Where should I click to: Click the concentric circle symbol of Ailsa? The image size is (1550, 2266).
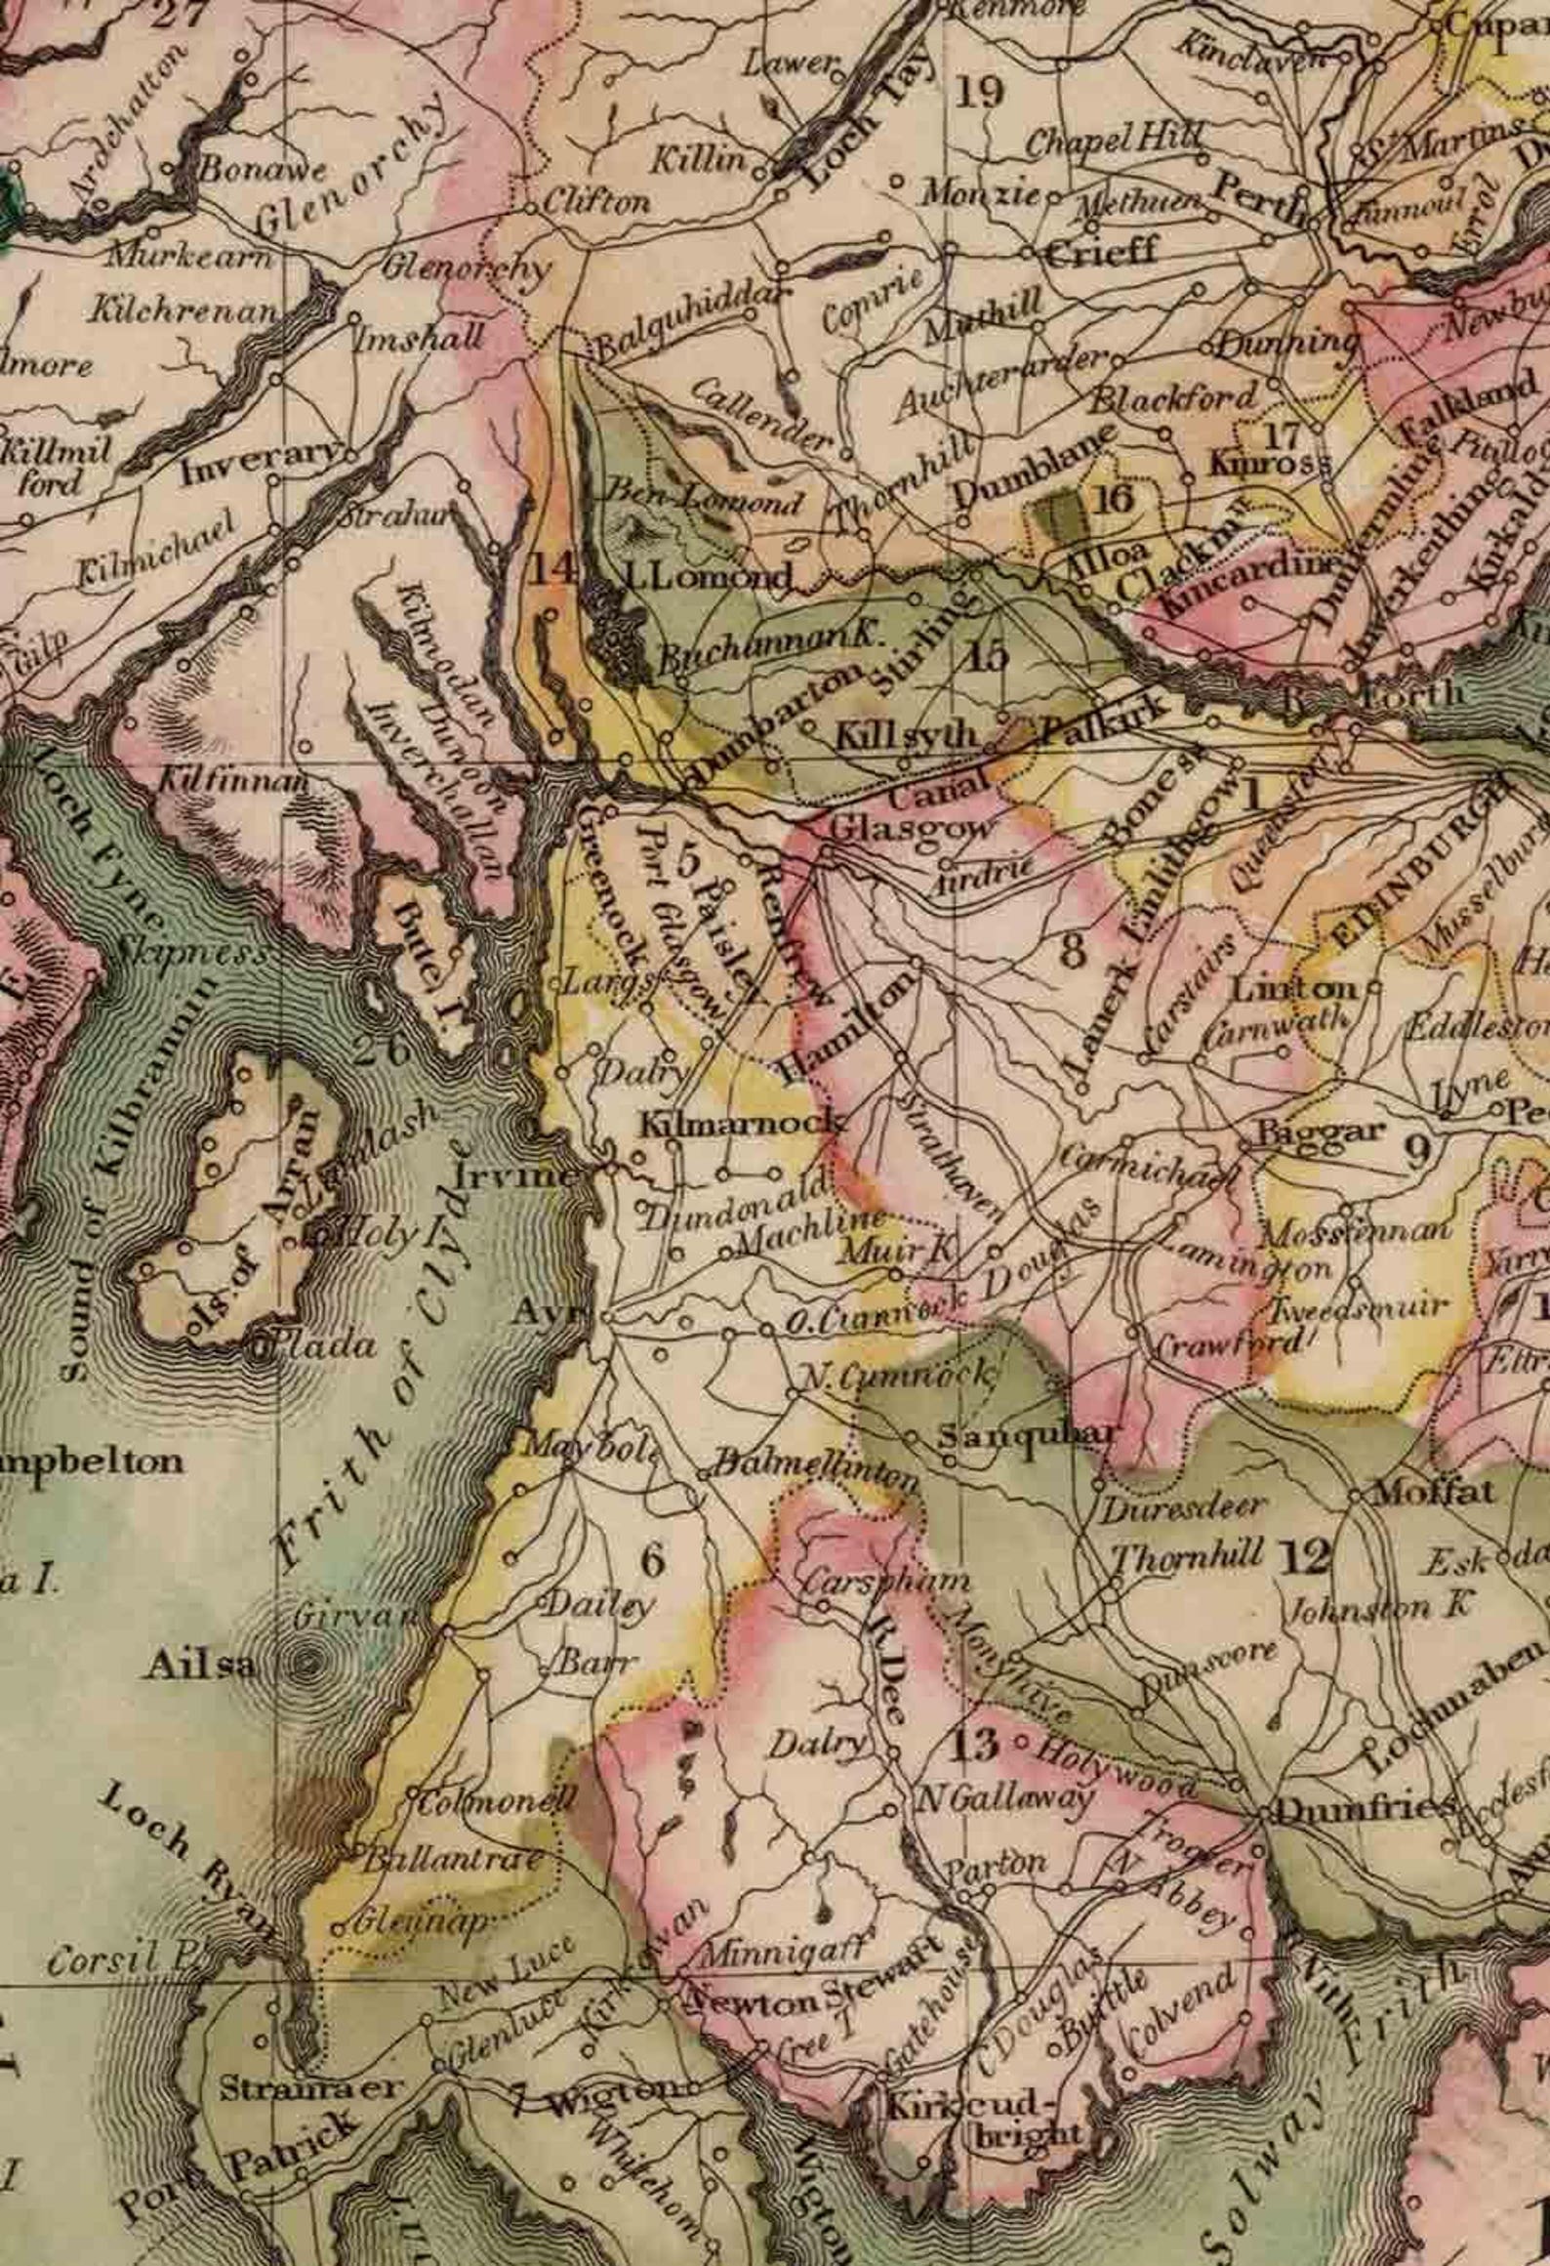[309, 1661]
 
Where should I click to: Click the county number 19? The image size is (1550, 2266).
[979, 94]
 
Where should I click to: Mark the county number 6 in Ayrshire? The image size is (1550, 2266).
[651, 1561]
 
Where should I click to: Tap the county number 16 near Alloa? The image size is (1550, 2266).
[1115, 499]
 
